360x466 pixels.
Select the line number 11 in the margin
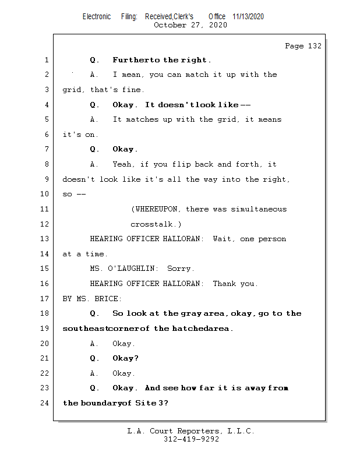45,209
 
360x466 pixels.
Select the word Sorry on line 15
181,269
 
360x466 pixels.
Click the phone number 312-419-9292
191,440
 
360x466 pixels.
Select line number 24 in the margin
45,403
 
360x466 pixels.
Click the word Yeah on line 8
123,164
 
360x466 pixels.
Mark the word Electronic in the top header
96,17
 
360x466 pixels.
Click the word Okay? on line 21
125,358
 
